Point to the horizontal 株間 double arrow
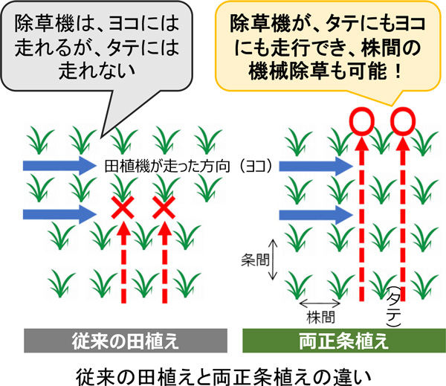tap(320, 303)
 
